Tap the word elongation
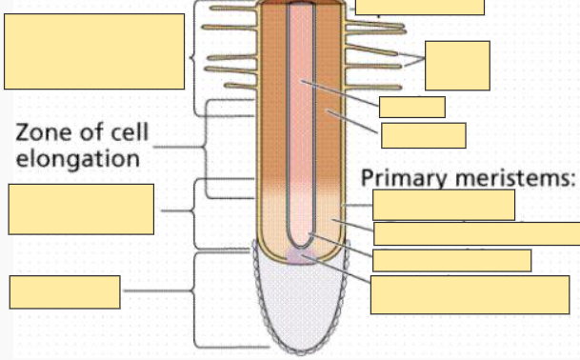click(77, 157)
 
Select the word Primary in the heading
click(400, 178)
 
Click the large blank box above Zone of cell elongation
click(94, 51)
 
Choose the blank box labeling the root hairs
click(457, 66)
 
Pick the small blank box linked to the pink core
click(411, 107)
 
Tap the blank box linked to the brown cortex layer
click(423, 135)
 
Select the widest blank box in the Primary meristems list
click(476, 233)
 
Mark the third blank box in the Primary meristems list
click(451, 260)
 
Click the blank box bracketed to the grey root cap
click(65, 291)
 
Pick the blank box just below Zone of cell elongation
click(80, 209)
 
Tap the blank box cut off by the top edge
click(419, 7)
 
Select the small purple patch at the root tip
click(302, 257)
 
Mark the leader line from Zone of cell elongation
click(176, 148)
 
